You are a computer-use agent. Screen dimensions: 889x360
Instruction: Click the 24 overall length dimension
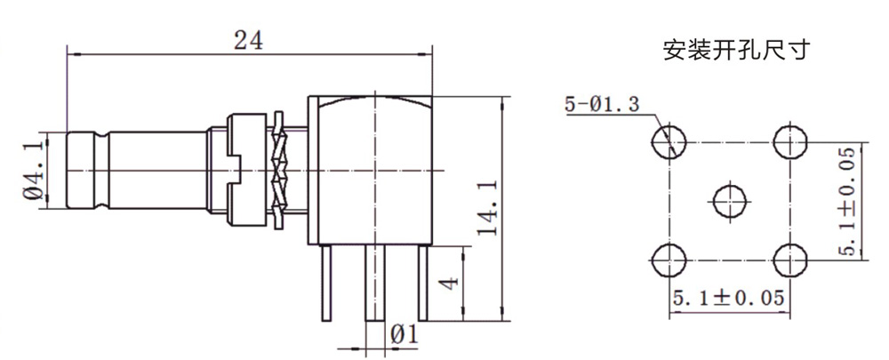[x=248, y=40]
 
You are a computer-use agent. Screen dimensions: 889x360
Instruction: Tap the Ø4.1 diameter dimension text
[x=35, y=171]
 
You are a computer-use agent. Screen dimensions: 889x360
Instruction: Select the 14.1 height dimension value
[x=487, y=208]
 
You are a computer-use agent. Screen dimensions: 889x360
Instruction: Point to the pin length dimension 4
[x=449, y=283]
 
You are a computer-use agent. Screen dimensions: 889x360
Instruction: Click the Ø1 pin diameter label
[x=404, y=334]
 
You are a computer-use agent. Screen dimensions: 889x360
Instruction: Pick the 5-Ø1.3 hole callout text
[x=602, y=104]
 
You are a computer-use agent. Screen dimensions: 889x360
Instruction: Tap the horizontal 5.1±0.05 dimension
[x=729, y=298]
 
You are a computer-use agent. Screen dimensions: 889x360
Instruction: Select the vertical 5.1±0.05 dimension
[x=845, y=201]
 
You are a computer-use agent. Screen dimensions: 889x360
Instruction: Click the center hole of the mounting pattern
[x=729, y=200]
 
